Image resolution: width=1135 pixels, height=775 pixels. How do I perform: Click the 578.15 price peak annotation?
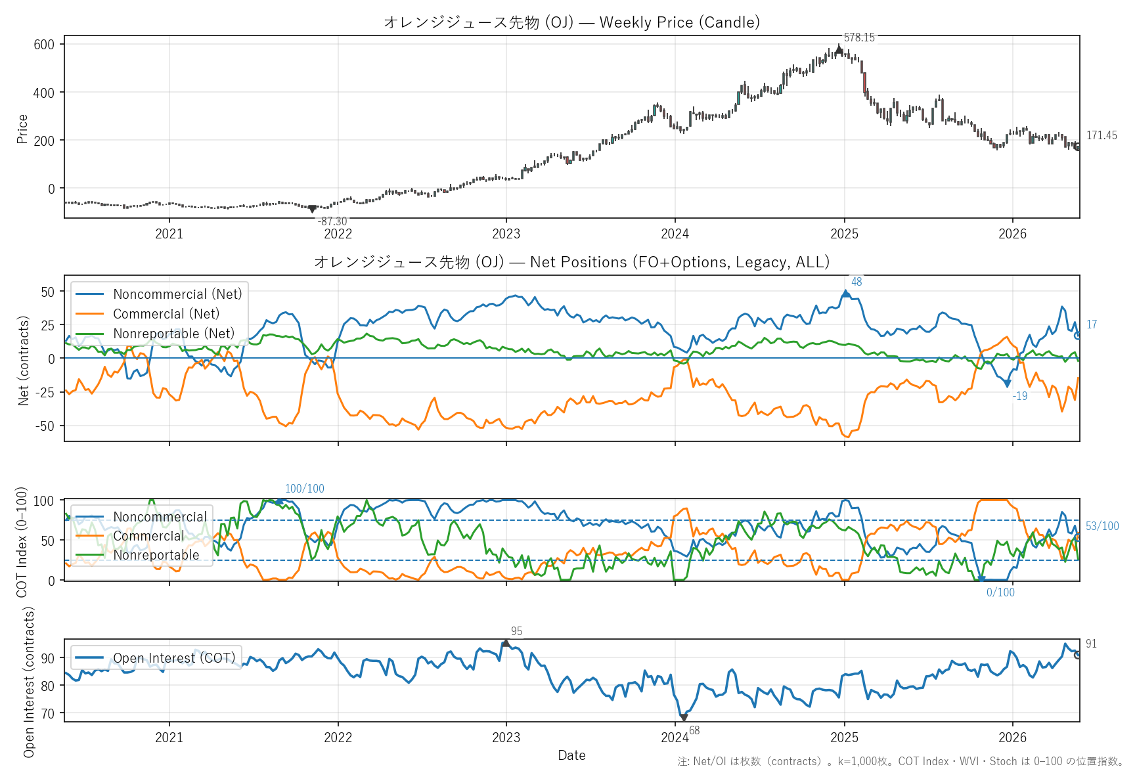[x=859, y=37]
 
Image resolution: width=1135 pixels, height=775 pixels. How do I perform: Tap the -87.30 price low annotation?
[x=332, y=221]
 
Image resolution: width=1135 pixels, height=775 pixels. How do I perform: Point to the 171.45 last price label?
[x=1102, y=135]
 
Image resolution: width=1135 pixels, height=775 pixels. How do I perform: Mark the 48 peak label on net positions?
[x=857, y=282]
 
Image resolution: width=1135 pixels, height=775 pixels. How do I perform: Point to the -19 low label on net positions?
[x=1019, y=396]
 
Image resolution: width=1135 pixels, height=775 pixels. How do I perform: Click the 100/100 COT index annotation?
[x=305, y=489]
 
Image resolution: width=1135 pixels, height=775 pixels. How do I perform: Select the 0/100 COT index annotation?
[x=1000, y=592]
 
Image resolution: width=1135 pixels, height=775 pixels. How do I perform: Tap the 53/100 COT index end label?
[x=1102, y=526]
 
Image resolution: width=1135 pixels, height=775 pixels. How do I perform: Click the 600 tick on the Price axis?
[x=44, y=45]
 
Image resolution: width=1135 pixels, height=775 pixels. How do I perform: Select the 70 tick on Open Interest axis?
[x=48, y=714]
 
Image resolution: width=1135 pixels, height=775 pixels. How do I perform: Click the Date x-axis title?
[x=571, y=755]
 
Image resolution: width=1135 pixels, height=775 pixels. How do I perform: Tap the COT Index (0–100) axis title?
[x=22, y=542]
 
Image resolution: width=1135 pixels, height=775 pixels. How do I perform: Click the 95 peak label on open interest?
[x=517, y=631]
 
